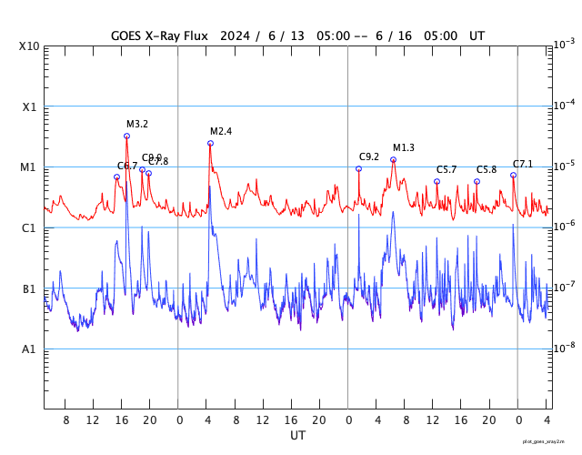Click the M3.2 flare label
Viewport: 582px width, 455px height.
(x=137, y=124)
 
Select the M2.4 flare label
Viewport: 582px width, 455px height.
(x=221, y=131)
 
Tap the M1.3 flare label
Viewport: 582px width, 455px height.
(x=404, y=147)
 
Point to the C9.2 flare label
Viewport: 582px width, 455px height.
(x=369, y=157)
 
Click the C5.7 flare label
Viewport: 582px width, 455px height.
(x=447, y=169)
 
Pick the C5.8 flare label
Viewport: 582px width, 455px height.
(x=487, y=169)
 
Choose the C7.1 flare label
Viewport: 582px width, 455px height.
(x=523, y=164)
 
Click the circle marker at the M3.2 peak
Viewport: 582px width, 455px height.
(x=126, y=136)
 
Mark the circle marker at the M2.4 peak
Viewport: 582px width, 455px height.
(x=210, y=143)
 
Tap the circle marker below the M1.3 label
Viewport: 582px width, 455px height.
(x=393, y=159)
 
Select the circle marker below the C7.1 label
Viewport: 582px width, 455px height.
(x=513, y=175)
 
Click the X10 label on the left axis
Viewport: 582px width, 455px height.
(x=29, y=46)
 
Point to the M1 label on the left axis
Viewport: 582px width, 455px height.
(x=29, y=167)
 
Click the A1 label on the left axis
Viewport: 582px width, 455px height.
(x=29, y=349)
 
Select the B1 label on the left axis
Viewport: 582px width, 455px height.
(x=29, y=289)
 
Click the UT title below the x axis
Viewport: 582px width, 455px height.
(x=297, y=436)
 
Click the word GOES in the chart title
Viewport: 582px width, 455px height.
(x=128, y=35)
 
